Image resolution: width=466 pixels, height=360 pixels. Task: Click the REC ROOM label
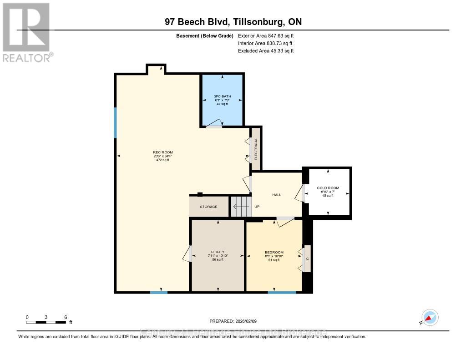(x=162, y=152)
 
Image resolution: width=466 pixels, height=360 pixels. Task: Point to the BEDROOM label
(x=274, y=253)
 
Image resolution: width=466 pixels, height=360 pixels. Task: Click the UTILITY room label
(x=218, y=252)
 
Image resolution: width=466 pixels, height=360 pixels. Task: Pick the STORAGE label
(x=208, y=207)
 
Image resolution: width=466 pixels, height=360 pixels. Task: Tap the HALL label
(x=277, y=195)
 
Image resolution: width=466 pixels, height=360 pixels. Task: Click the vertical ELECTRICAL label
(x=256, y=149)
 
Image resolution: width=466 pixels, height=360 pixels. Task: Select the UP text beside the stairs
(x=257, y=207)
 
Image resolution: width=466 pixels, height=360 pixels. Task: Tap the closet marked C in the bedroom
(x=307, y=259)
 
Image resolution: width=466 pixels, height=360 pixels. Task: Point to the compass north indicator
(x=429, y=318)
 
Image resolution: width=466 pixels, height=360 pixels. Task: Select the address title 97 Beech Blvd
(x=233, y=22)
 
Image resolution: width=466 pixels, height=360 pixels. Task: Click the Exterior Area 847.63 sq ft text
(x=269, y=35)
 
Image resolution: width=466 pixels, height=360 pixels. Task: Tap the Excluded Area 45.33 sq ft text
(x=266, y=51)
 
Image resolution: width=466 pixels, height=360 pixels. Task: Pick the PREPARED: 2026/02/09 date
(x=236, y=321)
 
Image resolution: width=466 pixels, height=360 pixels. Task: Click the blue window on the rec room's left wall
(x=116, y=122)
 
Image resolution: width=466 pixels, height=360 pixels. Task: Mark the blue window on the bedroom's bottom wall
(x=282, y=292)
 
